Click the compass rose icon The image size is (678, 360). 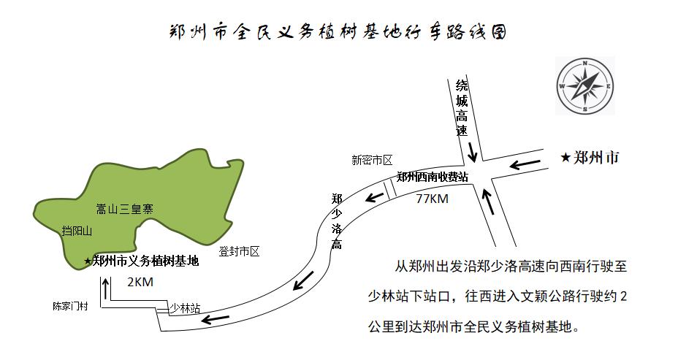click(x=585, y=85)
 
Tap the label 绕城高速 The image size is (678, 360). click(x=460, y=108)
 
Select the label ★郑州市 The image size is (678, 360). click(x=590, y=157)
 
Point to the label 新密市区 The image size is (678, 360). click(x=372, y=160)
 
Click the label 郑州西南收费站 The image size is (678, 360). click(x=432, y=177)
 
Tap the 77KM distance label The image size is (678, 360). click(x=432, y=199)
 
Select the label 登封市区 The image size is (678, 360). click(x=239, y=252)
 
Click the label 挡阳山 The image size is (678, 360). click(x=77, y=231)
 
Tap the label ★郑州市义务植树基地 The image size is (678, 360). click(x=140, y=261)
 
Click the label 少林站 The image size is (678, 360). click(x=185, y=308)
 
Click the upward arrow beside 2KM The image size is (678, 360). click(x=107, y=290)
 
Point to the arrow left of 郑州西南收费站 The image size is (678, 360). click(x=376, y=195)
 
